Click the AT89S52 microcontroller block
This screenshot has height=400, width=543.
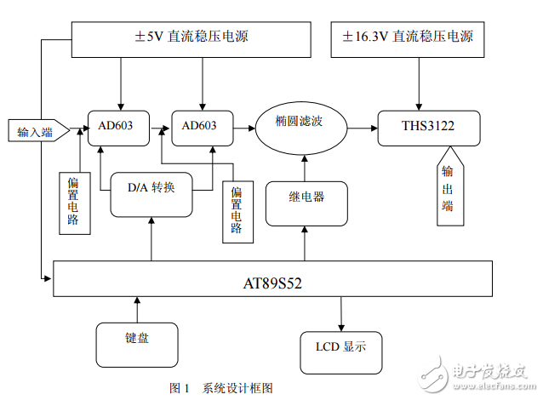pyautogui.click(x=272, y=278)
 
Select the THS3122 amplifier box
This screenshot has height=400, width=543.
pyautogui.click(x=428, y=127)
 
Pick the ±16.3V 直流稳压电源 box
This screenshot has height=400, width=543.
pyautogui.click(x=407, y=38)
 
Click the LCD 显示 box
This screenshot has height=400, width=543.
pyautogui.click(x=341, y=349)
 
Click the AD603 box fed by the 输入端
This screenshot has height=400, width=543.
pyautogui.click(x=120, y=125)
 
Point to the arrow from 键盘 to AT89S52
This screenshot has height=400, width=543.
pyautogui.click(x=136, y=307)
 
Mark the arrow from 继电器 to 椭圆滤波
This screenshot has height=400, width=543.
pyautogui.click(x=305, y=167)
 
